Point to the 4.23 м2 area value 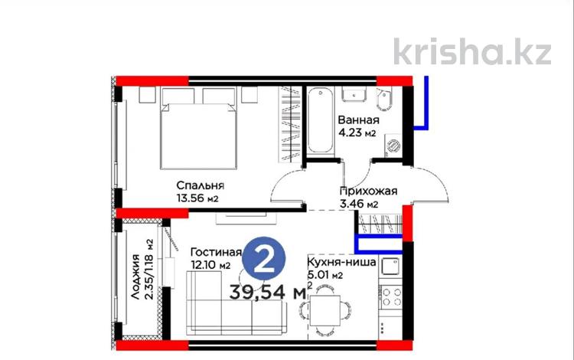tap(360, 135)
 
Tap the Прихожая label tap(369, 191)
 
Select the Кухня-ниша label tap(341, 261)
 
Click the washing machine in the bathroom tap(393, 143)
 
